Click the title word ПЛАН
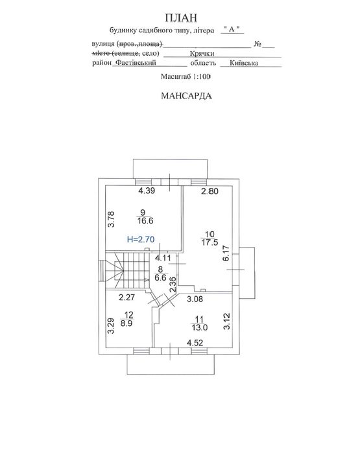[x=181, y=17]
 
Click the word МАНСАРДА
[x=186, y=96]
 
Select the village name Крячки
[x=202, y=53]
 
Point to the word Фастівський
[x=136, y=63]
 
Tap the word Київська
[x=244, y=63]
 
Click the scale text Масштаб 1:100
[x=186, y=76]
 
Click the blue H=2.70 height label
[x=141, y=239]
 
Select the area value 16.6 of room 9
[x=145, y=221]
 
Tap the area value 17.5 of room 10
[x=210, y=242]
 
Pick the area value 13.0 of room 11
[x=200, y=327]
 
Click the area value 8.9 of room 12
[x=126, y=323]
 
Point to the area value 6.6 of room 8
[x=160, y=277]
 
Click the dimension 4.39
[x=147, y=191]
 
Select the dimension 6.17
[x=226, y=253]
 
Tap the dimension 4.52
[x=195, y=343]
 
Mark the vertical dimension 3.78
[x=112, y=219]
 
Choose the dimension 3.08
[x=195, y=299]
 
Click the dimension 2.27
[x=127, y=297]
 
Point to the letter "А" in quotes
[x=232, y=29]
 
